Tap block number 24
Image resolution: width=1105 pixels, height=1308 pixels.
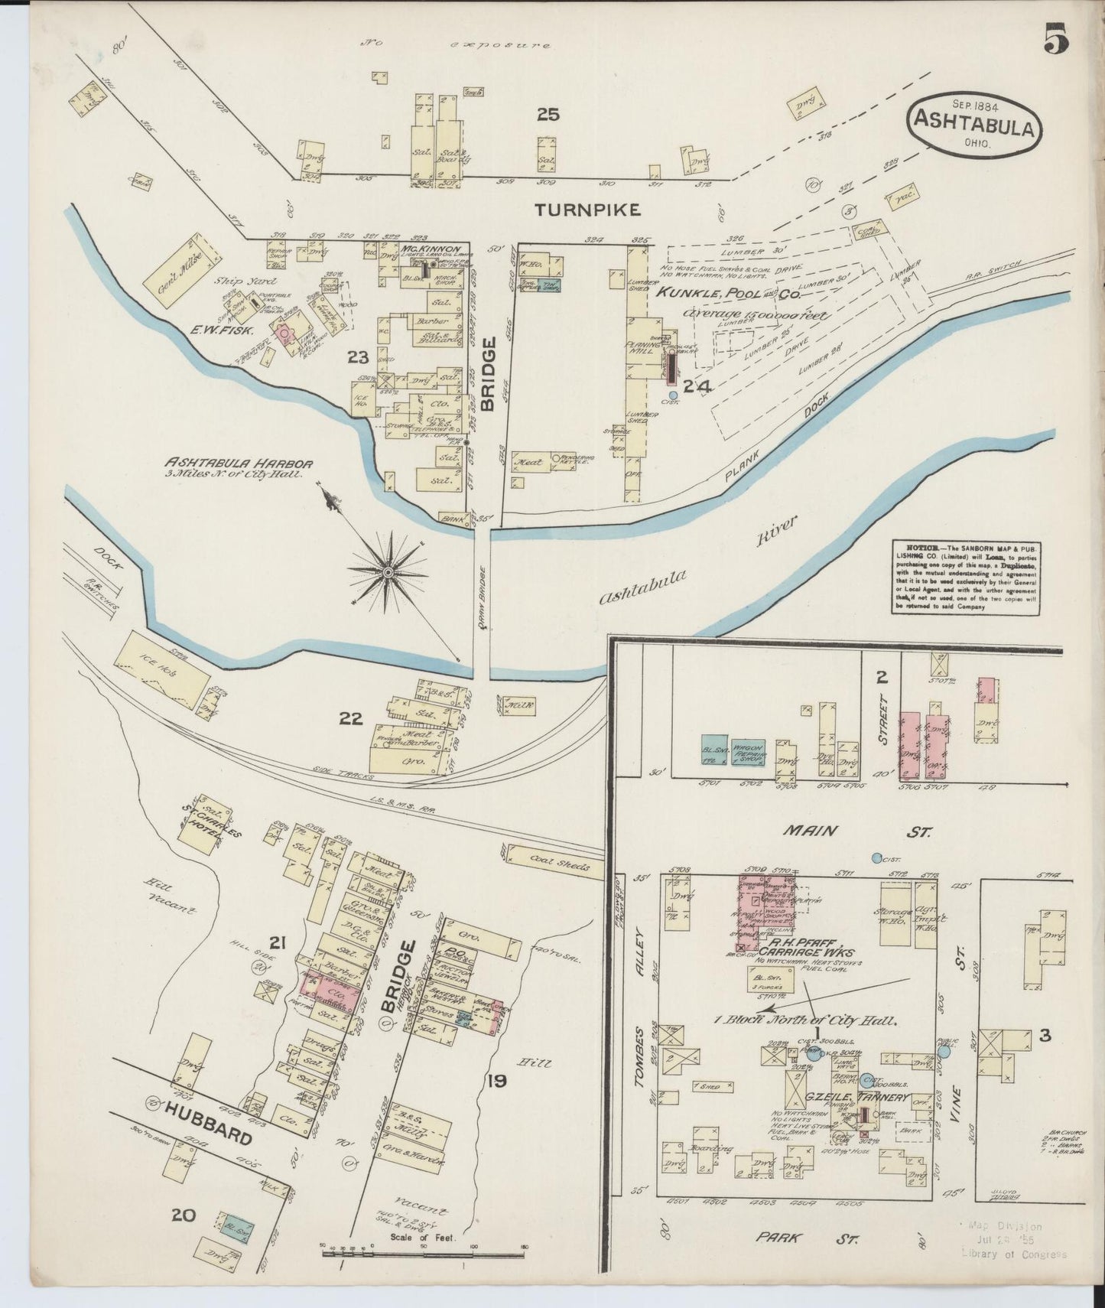pos(697,387)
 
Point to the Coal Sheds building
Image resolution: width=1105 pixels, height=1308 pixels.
pos(557,861)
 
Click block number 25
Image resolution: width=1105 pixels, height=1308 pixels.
pos(548,115)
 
